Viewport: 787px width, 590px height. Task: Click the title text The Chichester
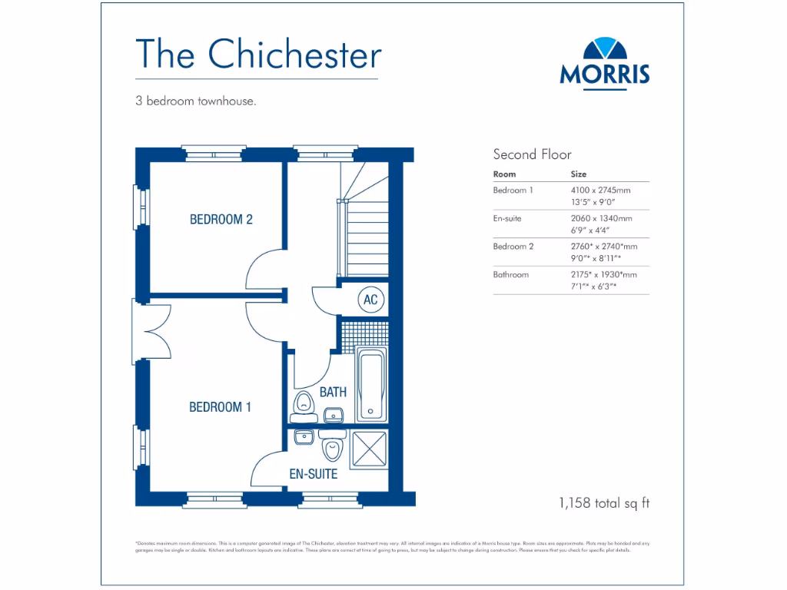point(258,55)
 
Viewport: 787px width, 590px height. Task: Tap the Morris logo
point(605,62)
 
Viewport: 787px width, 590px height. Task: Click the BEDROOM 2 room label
point(221,220)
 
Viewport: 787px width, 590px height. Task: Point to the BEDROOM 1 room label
point(220,407)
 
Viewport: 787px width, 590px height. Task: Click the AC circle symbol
point(370,300)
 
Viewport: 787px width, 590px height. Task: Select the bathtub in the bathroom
point(372,383)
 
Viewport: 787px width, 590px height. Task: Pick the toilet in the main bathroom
point(304,403)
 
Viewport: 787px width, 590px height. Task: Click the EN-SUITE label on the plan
point(313,474)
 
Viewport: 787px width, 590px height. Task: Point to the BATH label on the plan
point(333,392)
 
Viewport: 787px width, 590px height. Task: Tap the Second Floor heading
point(532,154)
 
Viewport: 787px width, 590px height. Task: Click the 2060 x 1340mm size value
point(601,218)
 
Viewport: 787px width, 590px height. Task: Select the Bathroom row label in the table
point(510,274)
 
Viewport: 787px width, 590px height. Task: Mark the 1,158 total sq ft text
point(604,504)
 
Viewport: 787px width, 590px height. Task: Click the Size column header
point(579,174)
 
